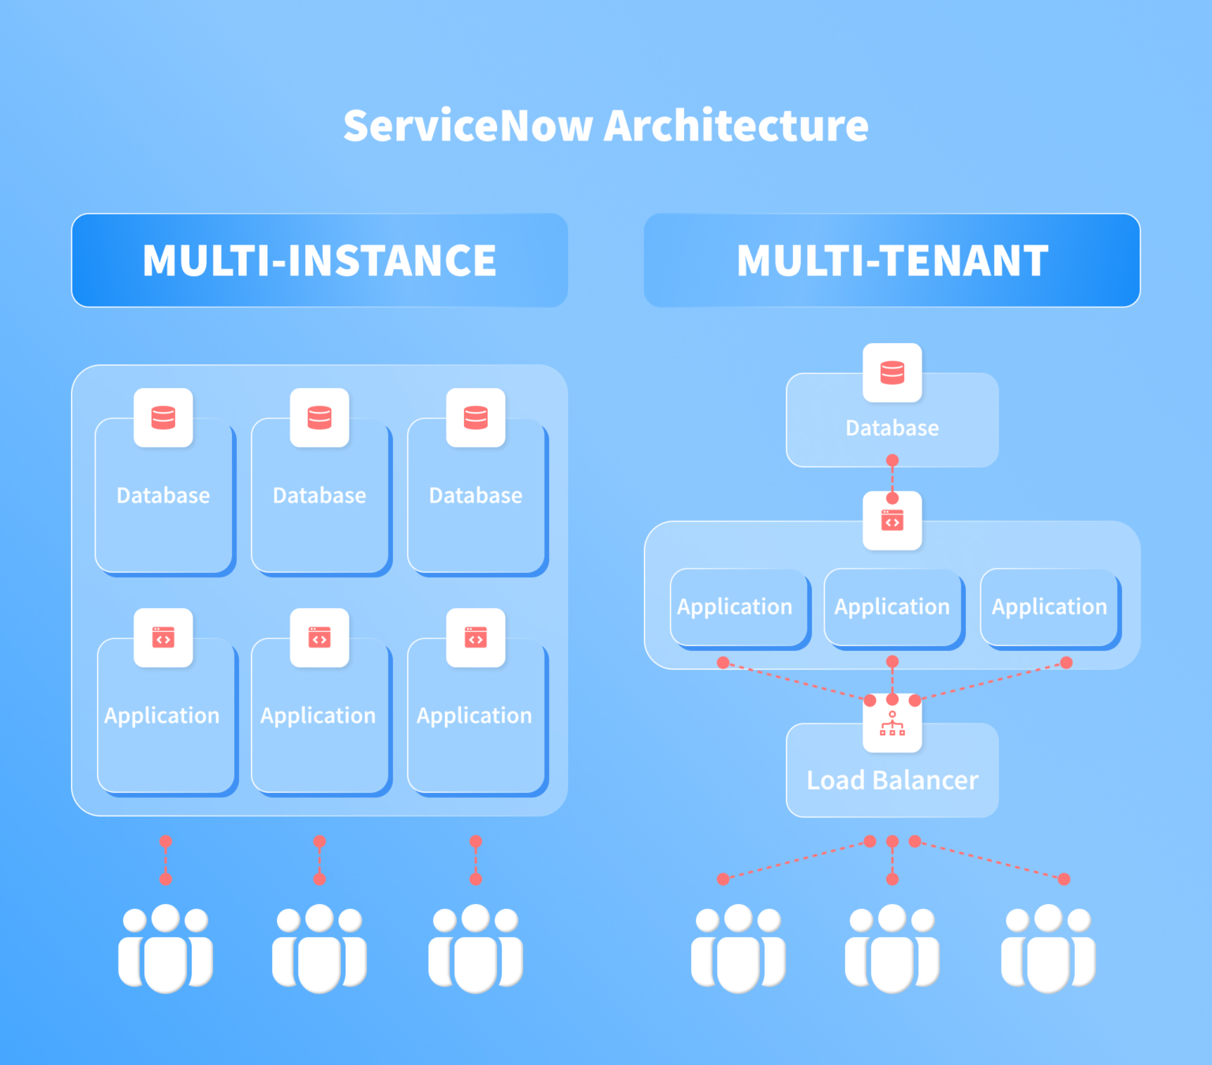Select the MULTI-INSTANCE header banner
point(320,260)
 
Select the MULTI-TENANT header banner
point(892,260)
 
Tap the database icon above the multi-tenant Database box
point(892,372)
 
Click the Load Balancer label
point(892,780)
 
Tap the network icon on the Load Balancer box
point(892,723)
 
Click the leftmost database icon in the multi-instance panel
point(163,417)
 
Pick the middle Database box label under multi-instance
point(320,495)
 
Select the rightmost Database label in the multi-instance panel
point(476,495)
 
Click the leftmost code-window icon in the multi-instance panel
point(163,637)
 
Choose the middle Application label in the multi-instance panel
point(318,716)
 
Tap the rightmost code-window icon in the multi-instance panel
point(476,637)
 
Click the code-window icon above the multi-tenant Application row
point(892,521)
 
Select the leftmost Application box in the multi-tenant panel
point(735,607)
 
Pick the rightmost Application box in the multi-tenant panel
point(1049,607)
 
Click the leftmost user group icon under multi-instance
point(166,948)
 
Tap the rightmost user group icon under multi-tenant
point(1048,948)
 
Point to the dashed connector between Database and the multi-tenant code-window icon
point(892,480)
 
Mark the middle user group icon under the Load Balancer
point(892,948)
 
